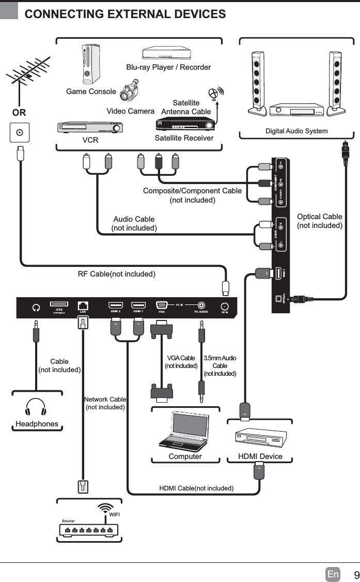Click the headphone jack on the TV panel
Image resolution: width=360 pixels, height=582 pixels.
[36, 307]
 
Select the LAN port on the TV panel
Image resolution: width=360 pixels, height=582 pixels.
[83, 305]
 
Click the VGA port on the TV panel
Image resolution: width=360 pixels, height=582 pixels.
[161, 305]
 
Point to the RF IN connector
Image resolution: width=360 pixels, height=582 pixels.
[225, 305]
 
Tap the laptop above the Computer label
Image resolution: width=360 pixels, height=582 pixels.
[182, 431]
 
